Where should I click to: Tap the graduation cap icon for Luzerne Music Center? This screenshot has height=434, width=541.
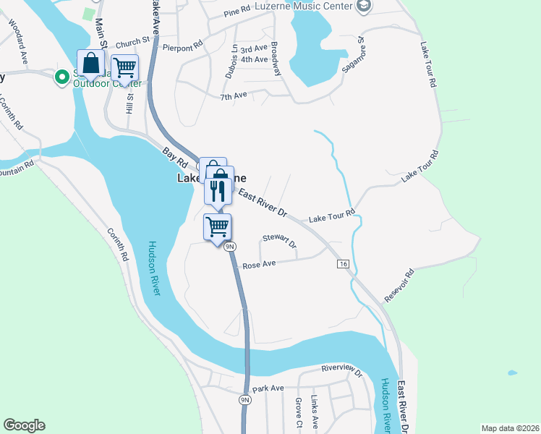(x=364, y=7)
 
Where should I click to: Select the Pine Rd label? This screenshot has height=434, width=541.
(x=237, y=12)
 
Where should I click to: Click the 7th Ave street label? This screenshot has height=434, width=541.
(x=234, y=95)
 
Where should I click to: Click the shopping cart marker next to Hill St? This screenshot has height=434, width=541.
(x=125, y=67)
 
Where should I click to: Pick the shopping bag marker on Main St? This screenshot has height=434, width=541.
(x=92, y=63)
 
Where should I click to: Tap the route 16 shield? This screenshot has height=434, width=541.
(x=342, y=264)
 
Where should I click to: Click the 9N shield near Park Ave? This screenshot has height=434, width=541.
(x=245, y=399)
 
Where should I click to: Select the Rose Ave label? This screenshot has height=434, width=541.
(x=259, y=265)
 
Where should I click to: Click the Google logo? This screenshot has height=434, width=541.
(x=24, y=425)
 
